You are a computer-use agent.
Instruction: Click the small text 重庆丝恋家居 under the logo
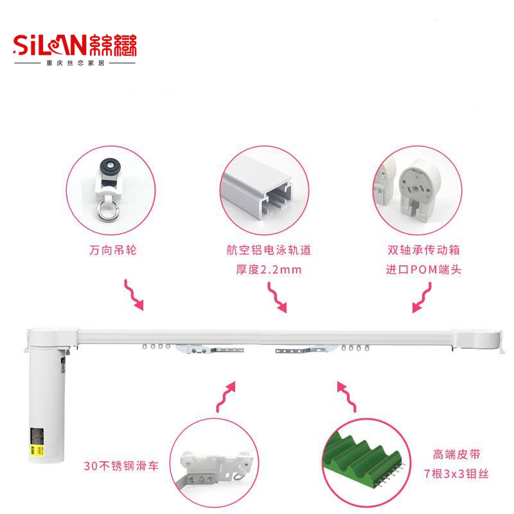tap(74, 64)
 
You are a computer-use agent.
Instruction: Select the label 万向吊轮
tap(114, 250)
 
